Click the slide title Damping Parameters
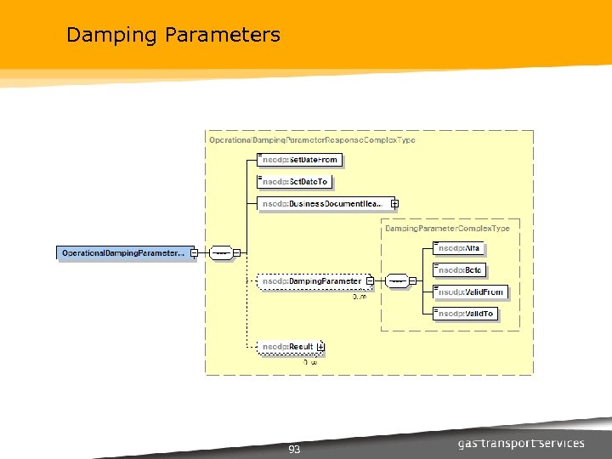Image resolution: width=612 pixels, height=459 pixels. coord(173,35)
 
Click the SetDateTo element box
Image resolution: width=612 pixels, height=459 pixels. coord(295,182)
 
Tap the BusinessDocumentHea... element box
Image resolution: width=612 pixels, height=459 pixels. coord(324,204)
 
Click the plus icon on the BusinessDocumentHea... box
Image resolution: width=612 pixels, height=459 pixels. coord(394,204)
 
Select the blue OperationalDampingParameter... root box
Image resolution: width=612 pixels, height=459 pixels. coord(124,252)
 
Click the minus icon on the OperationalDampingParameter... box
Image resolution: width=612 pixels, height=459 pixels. coord(195,252)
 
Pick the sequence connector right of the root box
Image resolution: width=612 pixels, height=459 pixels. coord(221,252)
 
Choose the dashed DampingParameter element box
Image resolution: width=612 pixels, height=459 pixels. coord(311,281)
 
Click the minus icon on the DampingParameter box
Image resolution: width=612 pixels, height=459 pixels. coord(370,281)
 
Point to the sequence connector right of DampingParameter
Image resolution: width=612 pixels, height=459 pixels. coord(396,281)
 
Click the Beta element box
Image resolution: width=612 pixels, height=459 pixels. coord(460,270)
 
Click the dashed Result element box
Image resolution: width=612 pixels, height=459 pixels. coord(287,347)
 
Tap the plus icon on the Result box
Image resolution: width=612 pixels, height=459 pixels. coord(320,347)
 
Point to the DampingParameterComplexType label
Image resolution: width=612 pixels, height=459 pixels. coord(447,229)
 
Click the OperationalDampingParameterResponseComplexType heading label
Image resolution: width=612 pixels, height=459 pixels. coord(312,139)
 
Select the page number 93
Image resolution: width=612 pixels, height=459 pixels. coord(294,450)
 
